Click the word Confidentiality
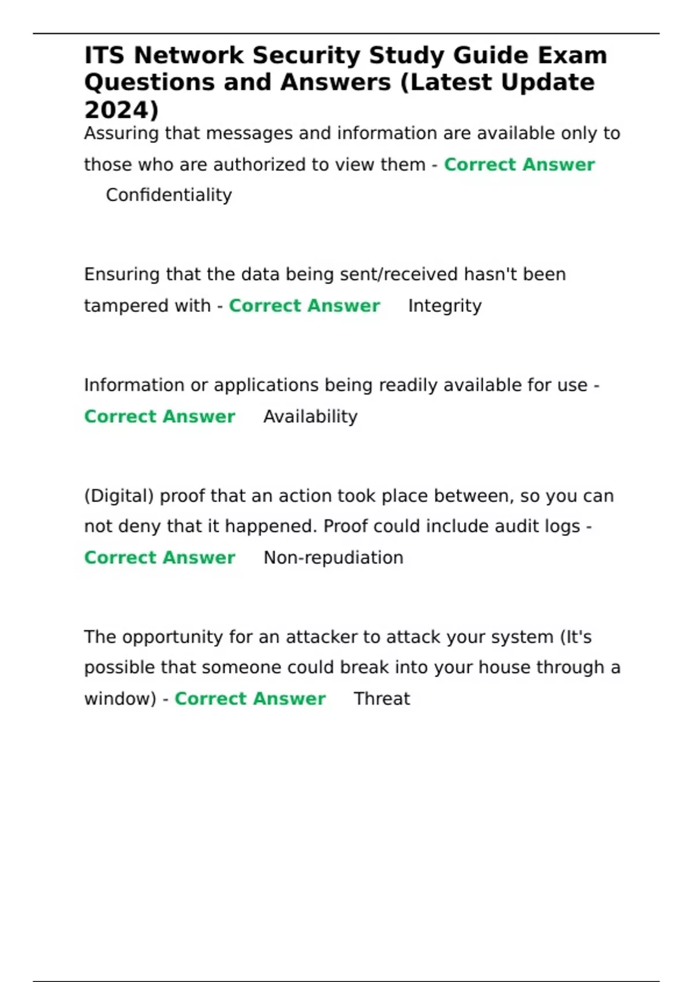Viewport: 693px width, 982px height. click(169, 195)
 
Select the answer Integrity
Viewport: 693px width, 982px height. click(445, 306)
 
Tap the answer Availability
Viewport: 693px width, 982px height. click(310, 416)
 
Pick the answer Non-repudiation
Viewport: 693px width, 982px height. click(333, 557)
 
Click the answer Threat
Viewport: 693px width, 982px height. click(382, 698)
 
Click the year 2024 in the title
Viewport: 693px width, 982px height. click(118, 110)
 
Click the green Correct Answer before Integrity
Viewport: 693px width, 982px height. click(304, 306)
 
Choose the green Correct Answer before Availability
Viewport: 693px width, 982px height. click(159, 416)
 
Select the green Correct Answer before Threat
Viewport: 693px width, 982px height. click(250, 698)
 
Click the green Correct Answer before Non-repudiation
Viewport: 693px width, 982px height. click(159, 557)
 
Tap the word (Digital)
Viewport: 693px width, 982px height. click(119, 496)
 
